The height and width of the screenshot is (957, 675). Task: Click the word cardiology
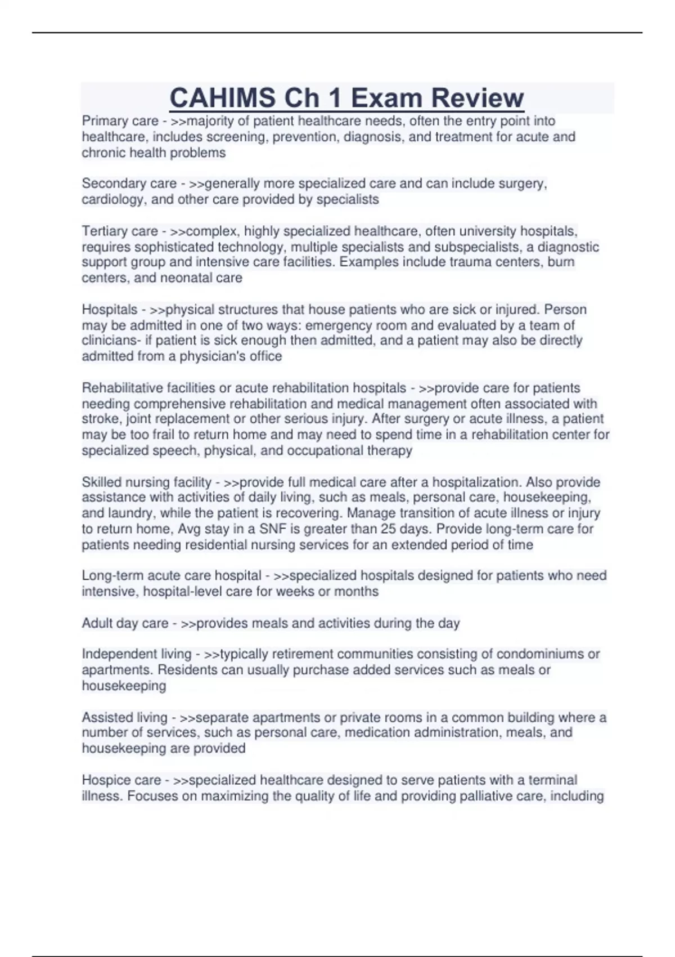pos(112,199)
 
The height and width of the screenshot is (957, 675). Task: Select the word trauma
pos(482,262)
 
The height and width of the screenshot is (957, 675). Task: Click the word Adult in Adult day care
pos(97,623)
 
